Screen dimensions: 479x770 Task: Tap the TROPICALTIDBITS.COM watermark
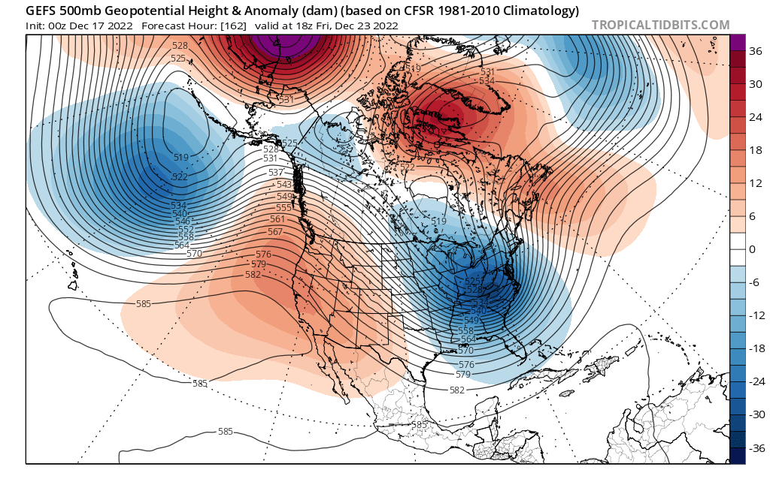[x=660, y=25]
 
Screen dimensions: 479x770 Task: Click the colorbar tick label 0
[x=753, y=249]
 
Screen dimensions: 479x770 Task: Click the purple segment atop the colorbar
[x=737, y=42]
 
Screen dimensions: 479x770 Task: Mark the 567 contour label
[x=274, y=231]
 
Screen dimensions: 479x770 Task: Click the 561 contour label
[x=277, y=219]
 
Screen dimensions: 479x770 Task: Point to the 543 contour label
[x=284, y=184]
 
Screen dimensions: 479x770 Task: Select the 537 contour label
[x=276, y=173]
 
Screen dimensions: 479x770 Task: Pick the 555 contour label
[x=283, y=207]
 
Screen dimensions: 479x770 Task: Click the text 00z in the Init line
[x=58, y=26]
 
